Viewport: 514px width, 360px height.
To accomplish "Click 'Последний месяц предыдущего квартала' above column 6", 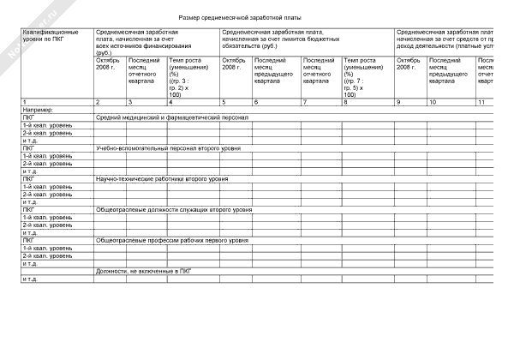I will [275, 68].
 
